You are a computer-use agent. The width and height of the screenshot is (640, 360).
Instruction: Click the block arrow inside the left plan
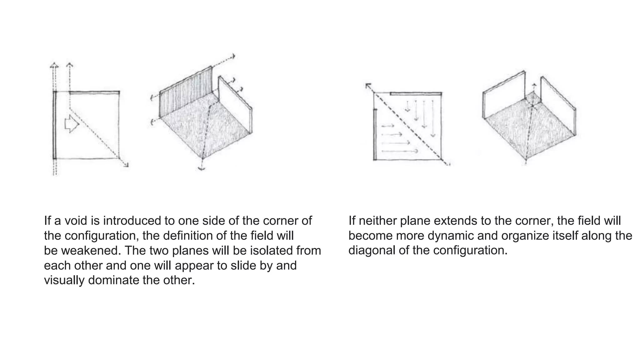(x=72, y=124)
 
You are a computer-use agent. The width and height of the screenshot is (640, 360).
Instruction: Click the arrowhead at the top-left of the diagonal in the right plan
(x=368, y=86)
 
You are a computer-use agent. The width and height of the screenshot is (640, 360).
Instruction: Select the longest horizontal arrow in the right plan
(x=400, y=151)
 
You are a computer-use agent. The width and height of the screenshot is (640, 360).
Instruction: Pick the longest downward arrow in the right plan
(x=433, y=119)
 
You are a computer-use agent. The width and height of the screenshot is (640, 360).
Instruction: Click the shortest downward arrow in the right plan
(x=407, y=107)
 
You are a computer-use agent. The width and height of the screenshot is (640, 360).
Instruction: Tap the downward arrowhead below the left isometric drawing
(x=202, y=168)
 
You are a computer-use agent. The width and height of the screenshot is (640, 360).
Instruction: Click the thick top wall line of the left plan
(x=94, y=92)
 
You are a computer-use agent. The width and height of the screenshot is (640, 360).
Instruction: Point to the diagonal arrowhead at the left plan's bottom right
(x=126, y=165)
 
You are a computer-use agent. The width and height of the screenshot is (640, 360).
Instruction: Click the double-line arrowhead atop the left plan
(x=54, y=66)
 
